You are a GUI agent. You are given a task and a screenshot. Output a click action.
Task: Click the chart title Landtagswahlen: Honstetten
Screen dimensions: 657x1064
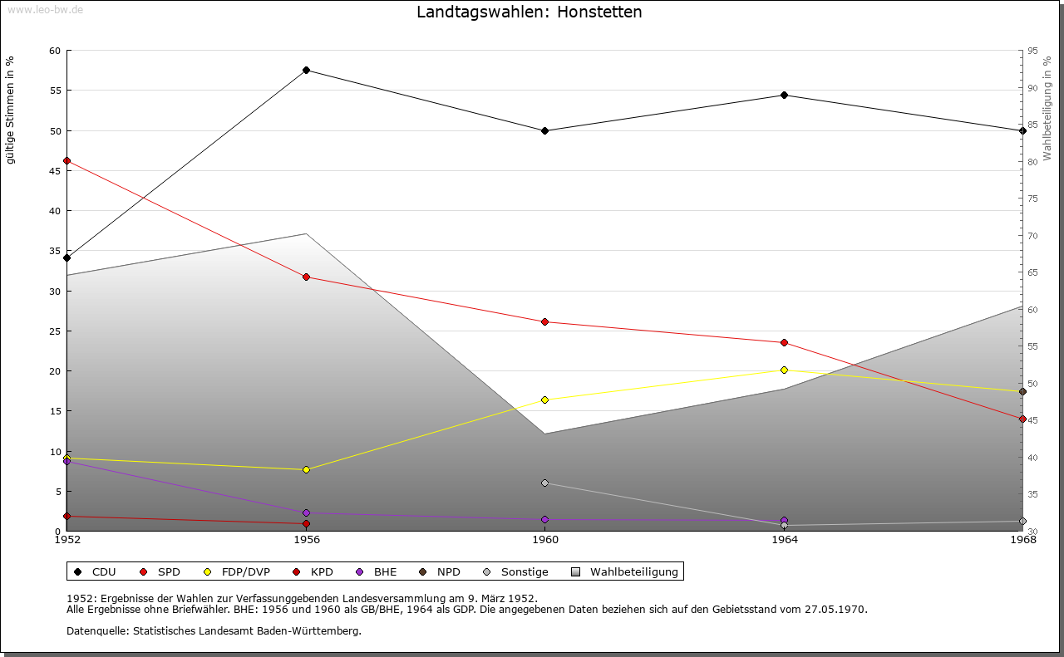(530, 12)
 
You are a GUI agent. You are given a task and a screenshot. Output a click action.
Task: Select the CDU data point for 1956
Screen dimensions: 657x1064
(306, 71)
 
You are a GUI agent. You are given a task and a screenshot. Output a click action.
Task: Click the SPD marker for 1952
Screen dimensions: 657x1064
(67, 161)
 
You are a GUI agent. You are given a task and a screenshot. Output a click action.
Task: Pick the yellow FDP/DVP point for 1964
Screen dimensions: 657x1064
(784, 370)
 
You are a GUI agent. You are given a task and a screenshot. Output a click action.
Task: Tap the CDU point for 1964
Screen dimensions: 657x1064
(784, 96)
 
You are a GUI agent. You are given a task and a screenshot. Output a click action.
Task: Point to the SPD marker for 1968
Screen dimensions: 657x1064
(1022, 419)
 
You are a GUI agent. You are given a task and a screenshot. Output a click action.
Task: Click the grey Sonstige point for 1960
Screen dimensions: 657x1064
(545, 483)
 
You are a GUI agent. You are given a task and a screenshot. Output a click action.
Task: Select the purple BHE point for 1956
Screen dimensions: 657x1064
(306, 513)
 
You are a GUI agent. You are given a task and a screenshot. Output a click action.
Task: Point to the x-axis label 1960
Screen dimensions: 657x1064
(545, 540)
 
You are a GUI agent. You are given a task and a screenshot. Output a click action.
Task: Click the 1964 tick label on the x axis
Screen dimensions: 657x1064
(784, 540)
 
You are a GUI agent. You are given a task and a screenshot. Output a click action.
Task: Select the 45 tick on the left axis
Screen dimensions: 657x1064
(54, 171)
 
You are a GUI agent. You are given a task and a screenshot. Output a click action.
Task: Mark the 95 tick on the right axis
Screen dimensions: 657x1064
(1032, 51)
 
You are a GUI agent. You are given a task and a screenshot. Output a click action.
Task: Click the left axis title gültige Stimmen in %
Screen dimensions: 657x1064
(11, 110)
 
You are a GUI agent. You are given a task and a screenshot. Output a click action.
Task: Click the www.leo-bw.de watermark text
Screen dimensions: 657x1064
(44, 9)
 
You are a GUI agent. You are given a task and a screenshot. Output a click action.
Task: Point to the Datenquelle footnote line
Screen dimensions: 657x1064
(214, 631)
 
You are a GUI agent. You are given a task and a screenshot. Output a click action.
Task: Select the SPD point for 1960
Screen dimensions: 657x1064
(545, 322)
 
